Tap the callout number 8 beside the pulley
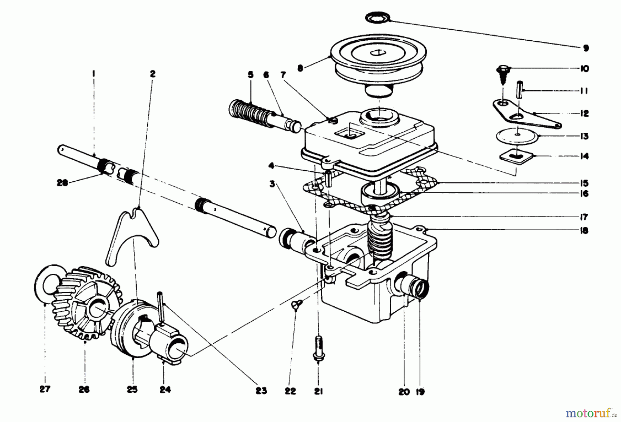coord(300,68)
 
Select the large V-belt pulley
coord(378,59)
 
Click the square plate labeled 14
coord(516,157)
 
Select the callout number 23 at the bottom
coord(261,391)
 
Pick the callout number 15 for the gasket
coord(584,183)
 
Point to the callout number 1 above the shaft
coord(93,73)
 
